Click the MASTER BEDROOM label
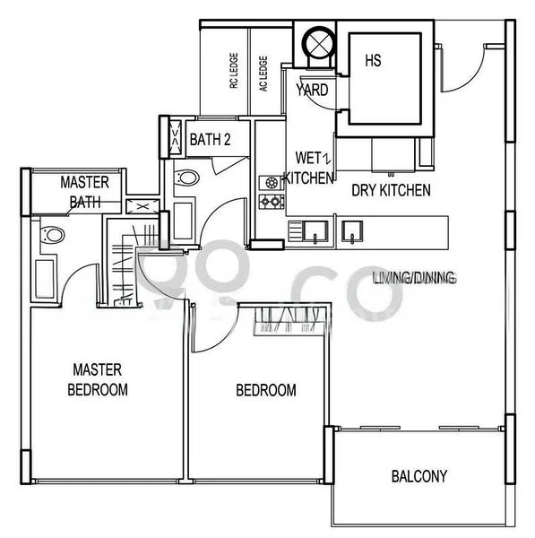coord(98,379)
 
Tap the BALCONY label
coord(419,476)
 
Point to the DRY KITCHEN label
coord(391,190)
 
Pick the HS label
coord(373,61)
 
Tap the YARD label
coord(312,91)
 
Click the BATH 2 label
coord(211,139)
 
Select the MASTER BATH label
coord(85,192)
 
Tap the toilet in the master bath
coord(52,236)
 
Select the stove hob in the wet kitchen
coord(271,192)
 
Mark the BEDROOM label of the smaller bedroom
coord(265,390)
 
